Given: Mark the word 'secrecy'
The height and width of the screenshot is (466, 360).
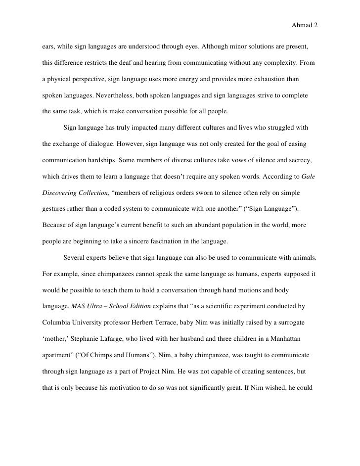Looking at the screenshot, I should click(x=299, y=161).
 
